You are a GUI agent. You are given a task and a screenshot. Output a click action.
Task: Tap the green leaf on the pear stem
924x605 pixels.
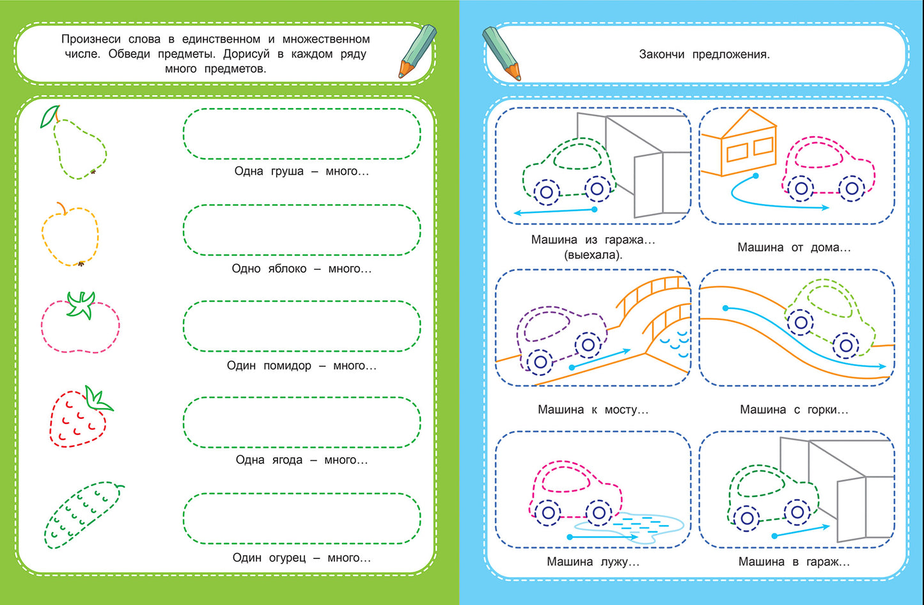tap(49, 116)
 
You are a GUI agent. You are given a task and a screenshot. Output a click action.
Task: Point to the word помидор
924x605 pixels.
tap(287, 366)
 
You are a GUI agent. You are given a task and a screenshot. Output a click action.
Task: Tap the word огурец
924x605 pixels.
tap(287, 558)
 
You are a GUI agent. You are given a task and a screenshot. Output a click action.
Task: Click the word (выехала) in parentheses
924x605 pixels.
tap(593, 255)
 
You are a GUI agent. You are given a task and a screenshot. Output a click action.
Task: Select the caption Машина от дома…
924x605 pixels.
tap(794, 247)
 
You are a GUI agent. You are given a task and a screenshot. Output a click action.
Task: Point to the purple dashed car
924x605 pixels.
tap(560, 339)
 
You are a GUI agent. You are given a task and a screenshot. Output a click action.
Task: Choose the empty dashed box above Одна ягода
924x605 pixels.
tap(302, 422)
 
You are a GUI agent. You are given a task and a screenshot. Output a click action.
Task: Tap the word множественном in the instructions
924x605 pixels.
tap(326, 39)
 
